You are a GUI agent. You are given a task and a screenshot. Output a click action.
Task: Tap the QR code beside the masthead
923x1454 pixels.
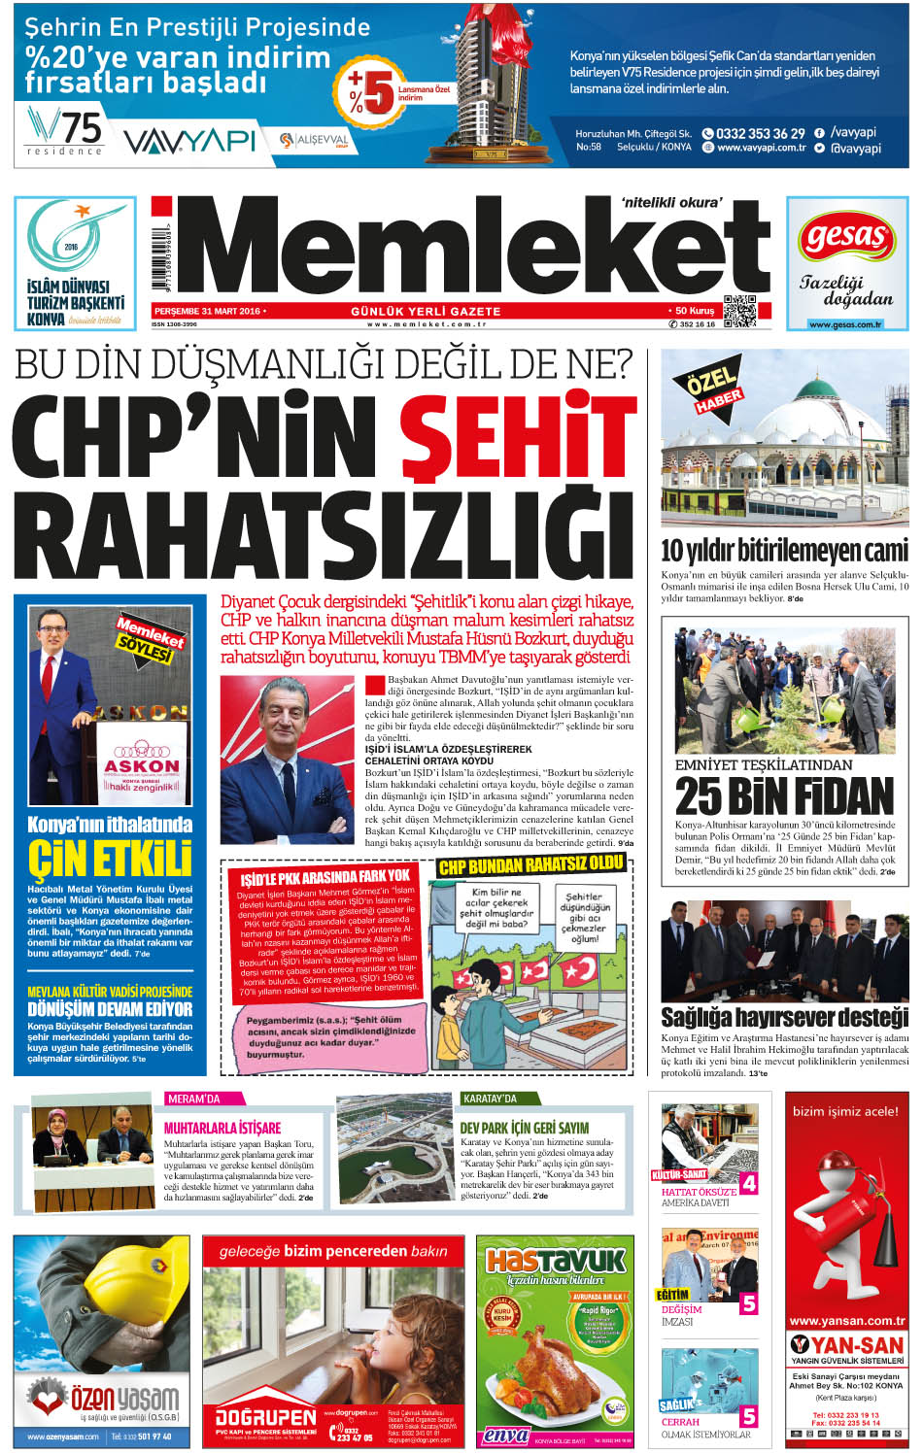click(x=739, y=310)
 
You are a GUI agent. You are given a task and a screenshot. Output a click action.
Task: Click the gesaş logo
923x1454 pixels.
click(x=846, y=238)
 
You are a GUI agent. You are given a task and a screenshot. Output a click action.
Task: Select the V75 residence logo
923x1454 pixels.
click(x=65, y=130)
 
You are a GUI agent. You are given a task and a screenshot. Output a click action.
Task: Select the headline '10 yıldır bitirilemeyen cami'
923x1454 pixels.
click(x=784, y=550)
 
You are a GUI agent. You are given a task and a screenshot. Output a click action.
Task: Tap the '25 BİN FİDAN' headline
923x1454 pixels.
click(x=784, y=797)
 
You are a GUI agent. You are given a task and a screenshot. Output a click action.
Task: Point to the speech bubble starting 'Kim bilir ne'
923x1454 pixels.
click(x=496, y=907)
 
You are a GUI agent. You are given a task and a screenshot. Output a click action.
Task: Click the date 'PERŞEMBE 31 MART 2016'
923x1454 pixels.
click(x=207, y=311)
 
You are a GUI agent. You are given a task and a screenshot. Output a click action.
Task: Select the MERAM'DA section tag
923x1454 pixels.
click(x=192, y=1099)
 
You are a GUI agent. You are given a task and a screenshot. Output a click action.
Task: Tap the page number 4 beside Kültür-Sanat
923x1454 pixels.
click(x=748, y=1183)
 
